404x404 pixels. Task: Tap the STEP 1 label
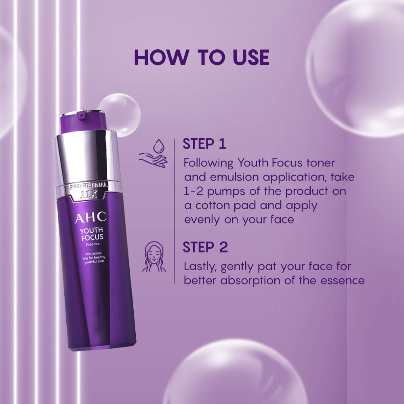[204, 144]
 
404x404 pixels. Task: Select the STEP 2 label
[205, 247]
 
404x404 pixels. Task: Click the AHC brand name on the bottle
[90, 218]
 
